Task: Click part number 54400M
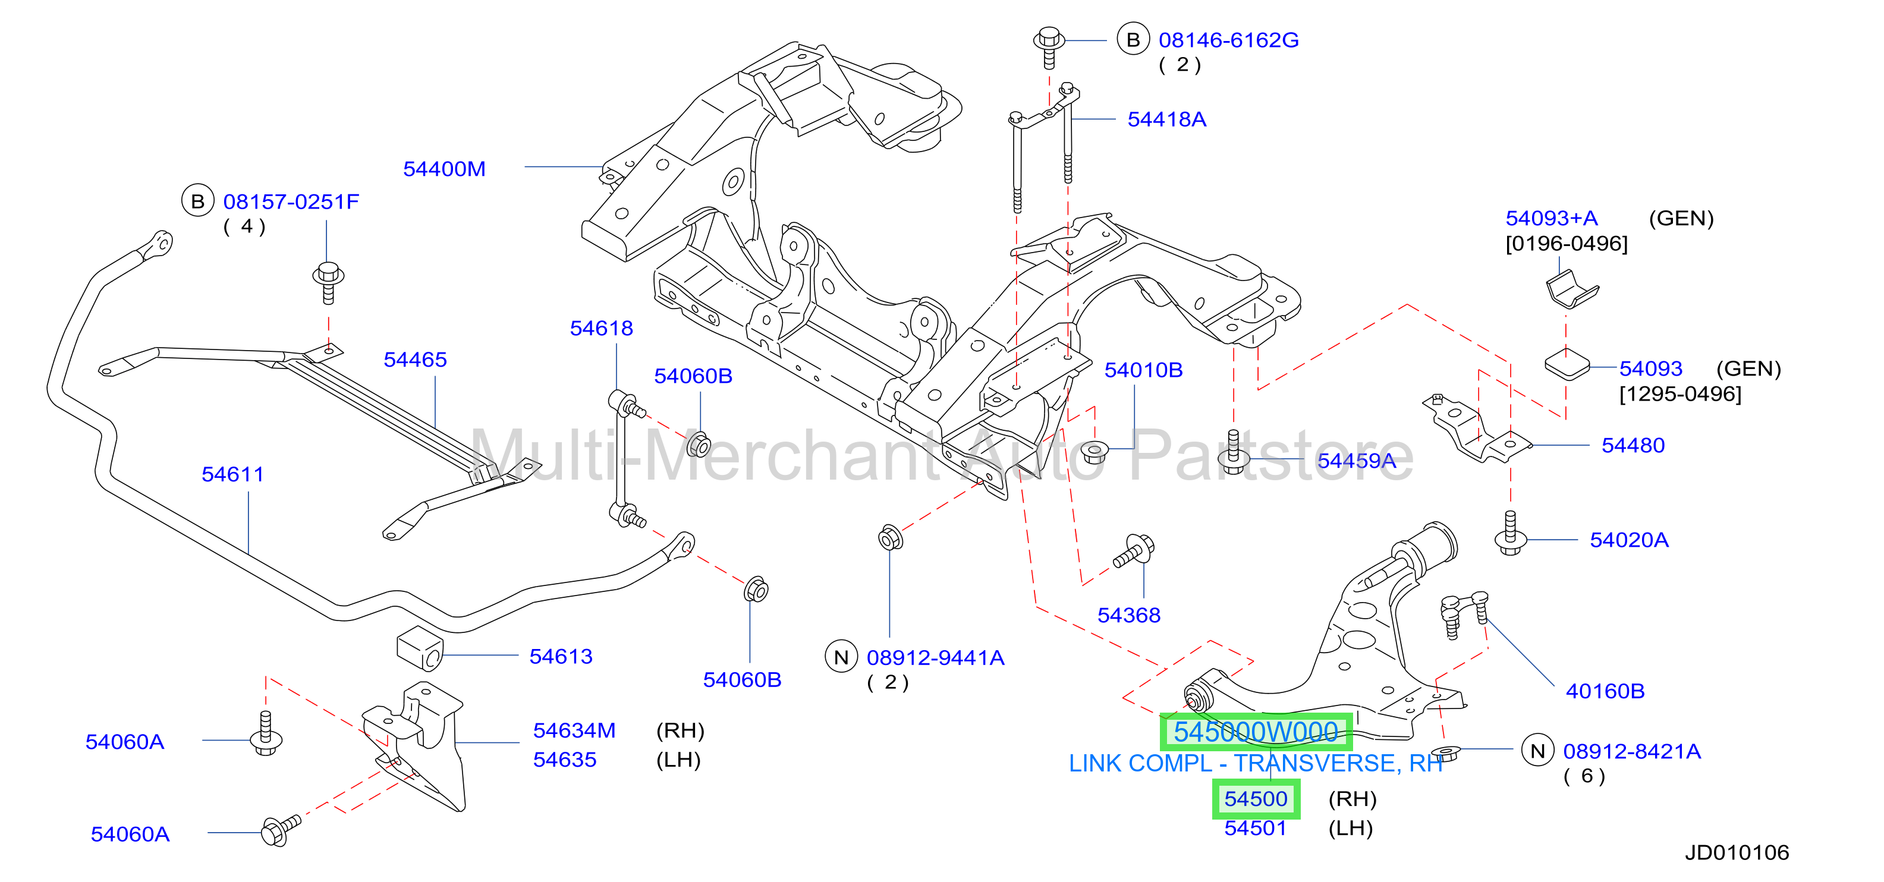tap(444, 169)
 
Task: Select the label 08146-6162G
tap(1229, 40)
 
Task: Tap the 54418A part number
tap(1166, 119)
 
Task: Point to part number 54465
tap(415, 360)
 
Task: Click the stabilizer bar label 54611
tap(232, 475)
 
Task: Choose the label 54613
tap(561, 657)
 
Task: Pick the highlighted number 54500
tap(1256, 799)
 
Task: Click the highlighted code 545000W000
tap(1256, 732)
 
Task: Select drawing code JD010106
tap(1737, 853)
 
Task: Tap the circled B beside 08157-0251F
tap(197, 201)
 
